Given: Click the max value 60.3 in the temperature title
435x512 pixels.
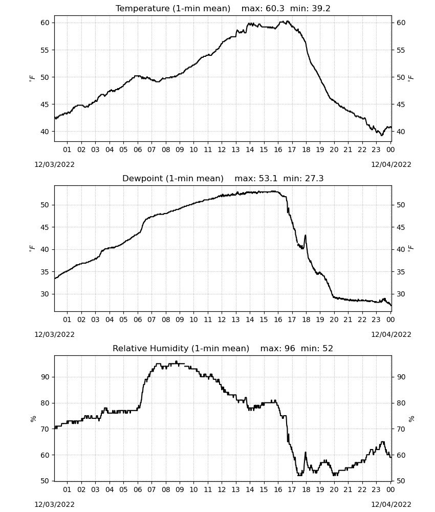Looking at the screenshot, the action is (275, 8).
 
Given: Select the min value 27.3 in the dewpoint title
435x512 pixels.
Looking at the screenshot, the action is (314, 178).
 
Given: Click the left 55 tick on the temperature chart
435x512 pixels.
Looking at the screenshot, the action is (45, 50).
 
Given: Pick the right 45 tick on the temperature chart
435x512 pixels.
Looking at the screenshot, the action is (401, 104).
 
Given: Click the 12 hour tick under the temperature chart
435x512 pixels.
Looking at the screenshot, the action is (222, 150).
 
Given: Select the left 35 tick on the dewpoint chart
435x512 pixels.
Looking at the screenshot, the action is (45, 272).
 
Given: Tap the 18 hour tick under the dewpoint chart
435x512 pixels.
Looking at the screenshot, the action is (306, 319).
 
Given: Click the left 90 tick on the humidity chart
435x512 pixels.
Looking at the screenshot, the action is (45, 377).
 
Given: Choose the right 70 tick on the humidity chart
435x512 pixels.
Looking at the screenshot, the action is (401, 429).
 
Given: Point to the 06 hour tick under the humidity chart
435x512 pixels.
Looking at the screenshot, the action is (137, 489).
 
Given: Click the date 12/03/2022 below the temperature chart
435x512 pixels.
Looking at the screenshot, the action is (54, 164).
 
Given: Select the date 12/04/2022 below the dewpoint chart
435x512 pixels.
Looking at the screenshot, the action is (391, 334).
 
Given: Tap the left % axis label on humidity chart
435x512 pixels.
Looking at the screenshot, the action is (33, 419).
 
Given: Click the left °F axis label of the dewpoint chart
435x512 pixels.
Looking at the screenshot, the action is (32, 249).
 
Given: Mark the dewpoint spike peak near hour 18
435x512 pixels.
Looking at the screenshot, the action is (306, 235).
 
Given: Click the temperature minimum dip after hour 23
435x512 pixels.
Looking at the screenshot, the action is (382, 135).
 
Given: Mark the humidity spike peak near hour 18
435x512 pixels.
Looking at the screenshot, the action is (306, 452).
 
